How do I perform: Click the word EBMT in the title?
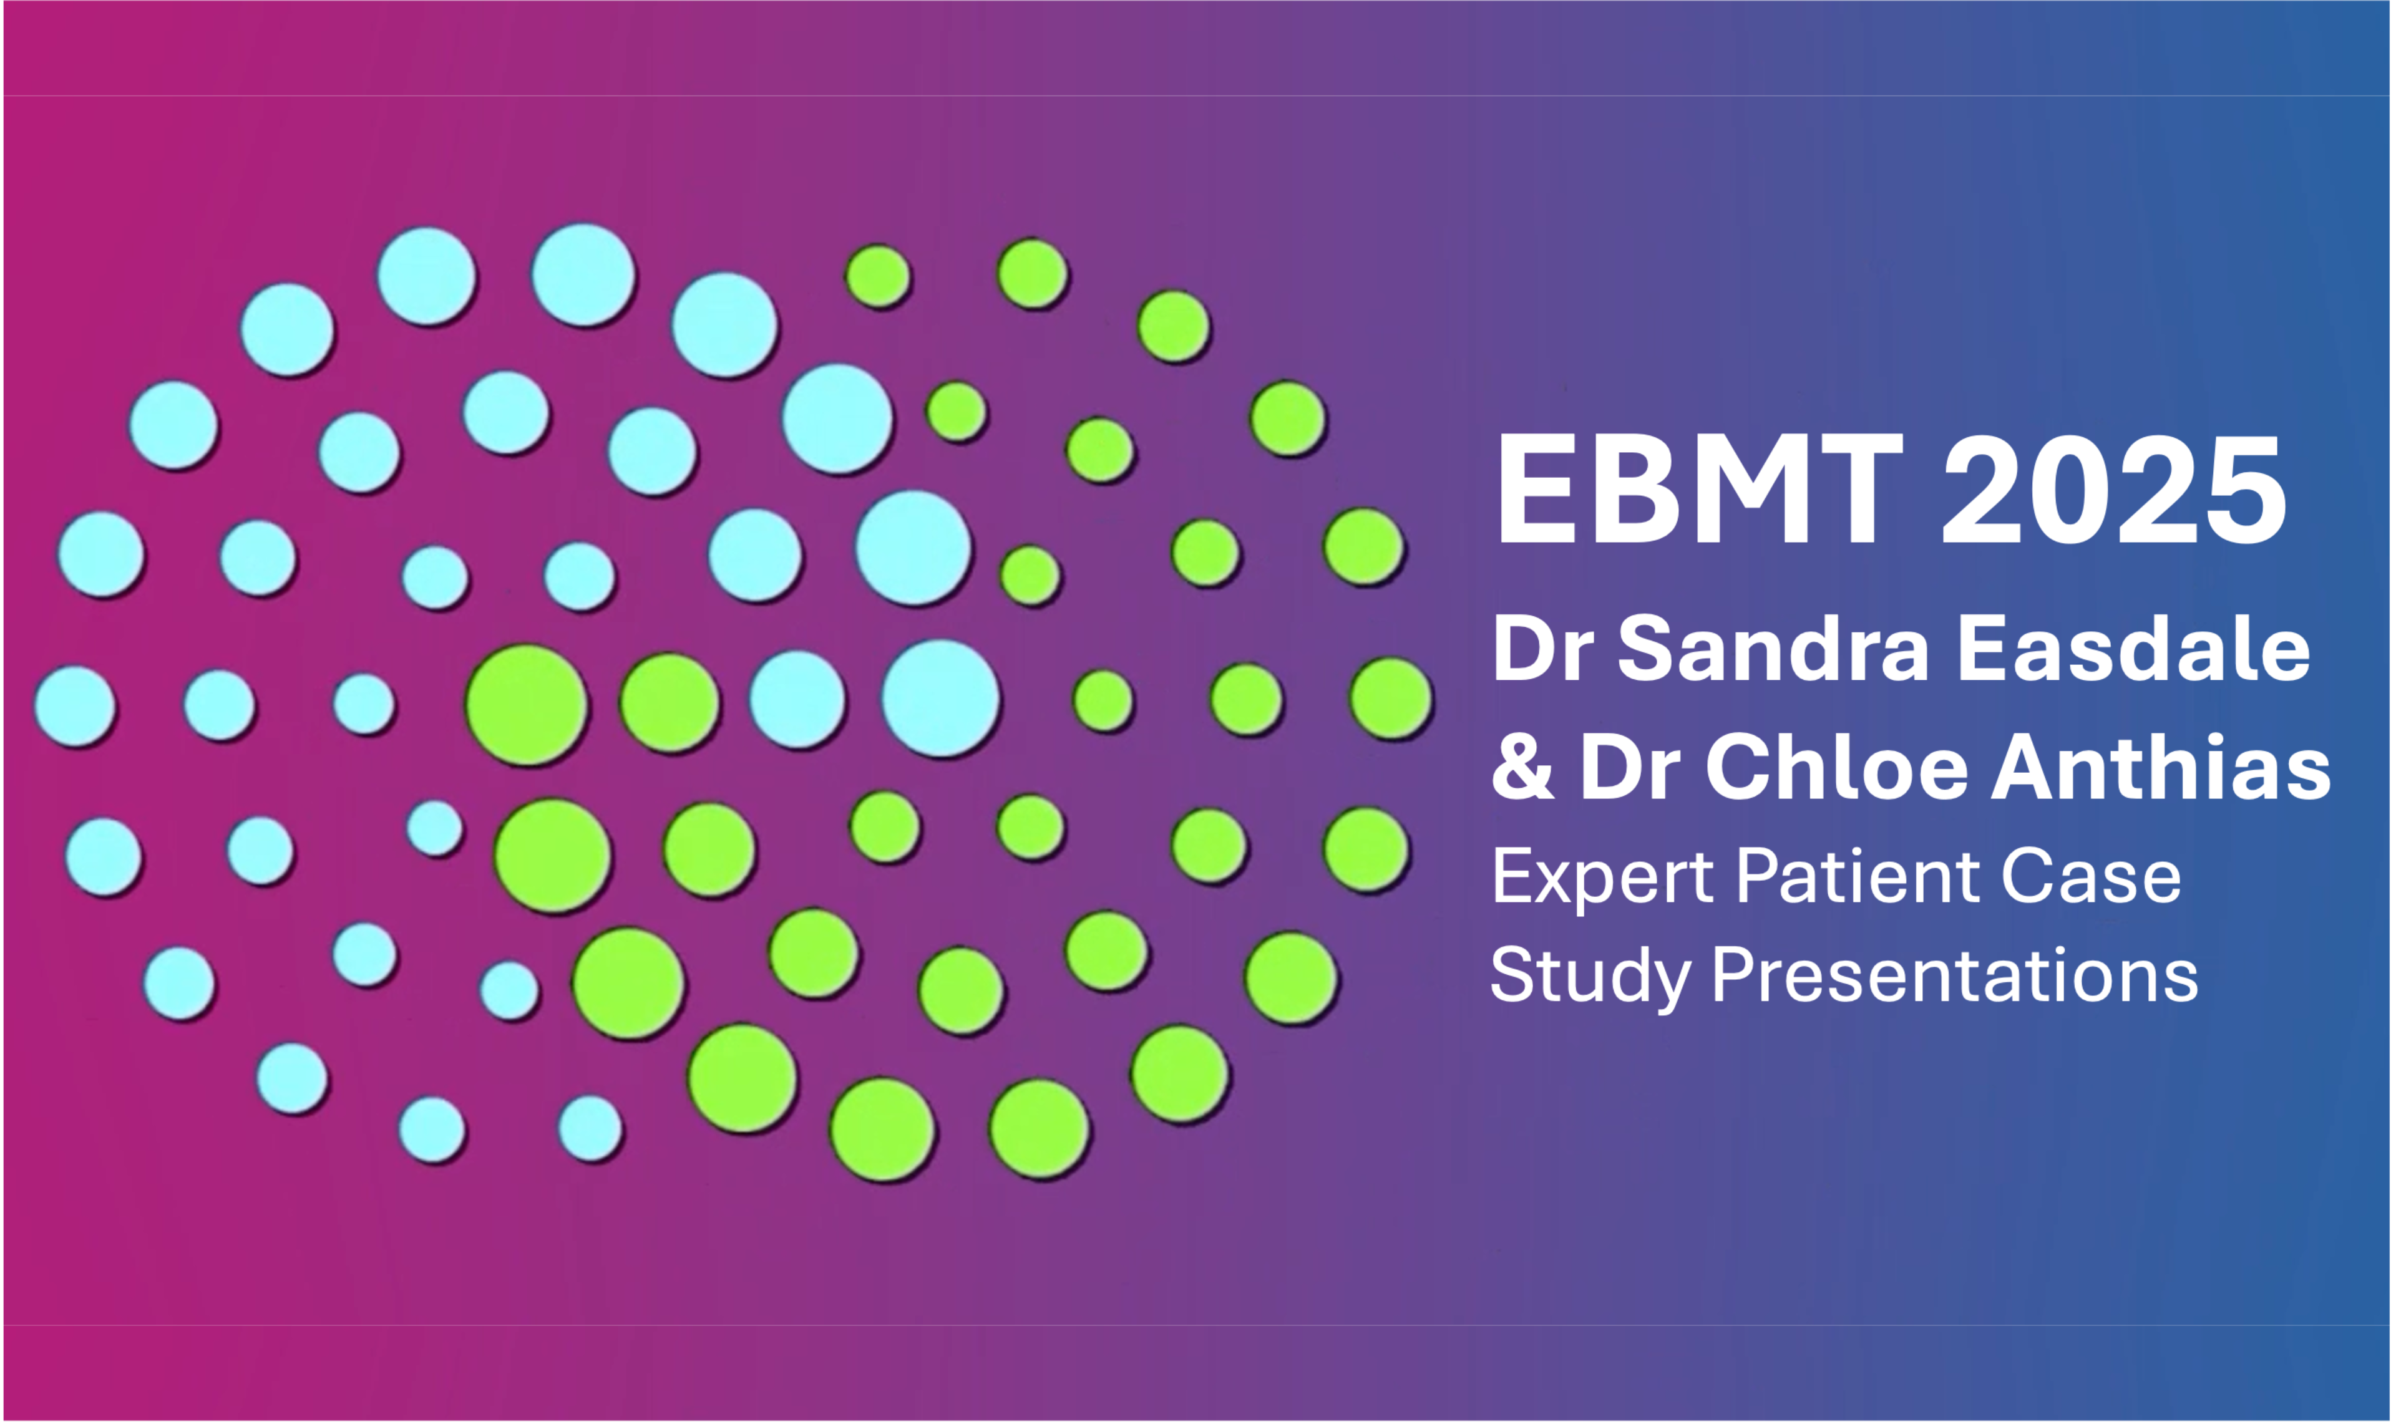1699,490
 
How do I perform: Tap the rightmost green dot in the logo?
1391,699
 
